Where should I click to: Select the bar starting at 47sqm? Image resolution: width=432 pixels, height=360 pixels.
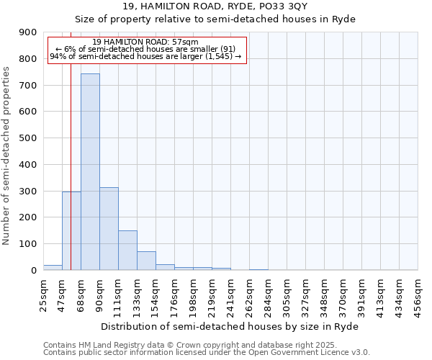(x=71, y=230)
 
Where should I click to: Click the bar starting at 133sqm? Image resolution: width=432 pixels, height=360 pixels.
(x=146, y=261)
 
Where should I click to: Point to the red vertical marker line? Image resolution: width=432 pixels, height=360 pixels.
(x=71, y=144)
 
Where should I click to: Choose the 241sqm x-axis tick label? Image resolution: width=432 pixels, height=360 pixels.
(x=230, y=294)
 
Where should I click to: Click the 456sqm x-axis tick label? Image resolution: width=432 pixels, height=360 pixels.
(x=418, y=294)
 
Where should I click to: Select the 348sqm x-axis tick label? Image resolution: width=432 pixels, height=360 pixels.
(x=324, y=294)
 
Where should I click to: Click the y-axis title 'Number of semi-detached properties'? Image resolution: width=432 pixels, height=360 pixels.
(x=6, y=156)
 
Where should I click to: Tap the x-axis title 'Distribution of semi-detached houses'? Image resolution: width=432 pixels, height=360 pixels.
(x=229, y=326)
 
